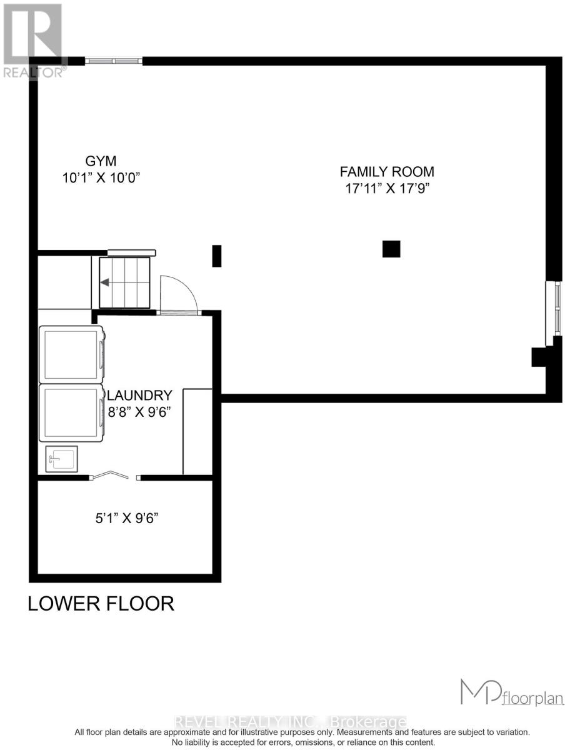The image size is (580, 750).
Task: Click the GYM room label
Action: (x=101, y=161)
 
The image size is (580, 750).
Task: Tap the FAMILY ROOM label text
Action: (x=386, y=171)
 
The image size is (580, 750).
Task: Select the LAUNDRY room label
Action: (x=141, y=396)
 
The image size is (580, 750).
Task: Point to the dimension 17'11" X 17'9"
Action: (x=386, y=188)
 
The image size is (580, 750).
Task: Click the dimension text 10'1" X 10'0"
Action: (x=101, y=177)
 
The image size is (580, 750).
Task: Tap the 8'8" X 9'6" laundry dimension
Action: (x=139, y=412)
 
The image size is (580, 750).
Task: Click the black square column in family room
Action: (x=391, y=249)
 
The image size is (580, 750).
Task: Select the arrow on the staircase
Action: (x=105, y=282)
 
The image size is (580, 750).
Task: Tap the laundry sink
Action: (x=61, y=459)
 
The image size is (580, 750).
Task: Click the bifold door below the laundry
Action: (x=114, y=477)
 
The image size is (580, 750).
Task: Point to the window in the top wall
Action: (x=114, y=61)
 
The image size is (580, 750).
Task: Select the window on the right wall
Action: (x=554, y=312)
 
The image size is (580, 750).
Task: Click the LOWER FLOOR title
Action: (x=101, y=604)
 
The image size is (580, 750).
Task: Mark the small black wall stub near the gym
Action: (x=217, y=256)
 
